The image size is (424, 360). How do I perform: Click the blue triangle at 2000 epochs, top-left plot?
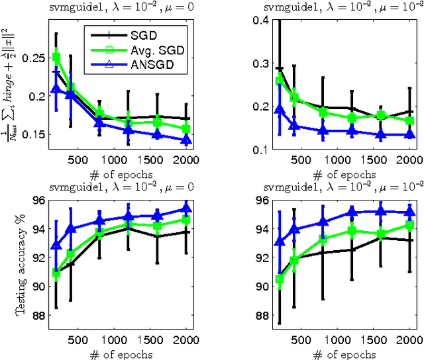[x=186, y=140]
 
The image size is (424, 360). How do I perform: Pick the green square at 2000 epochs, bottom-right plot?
[x=409, y=225]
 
